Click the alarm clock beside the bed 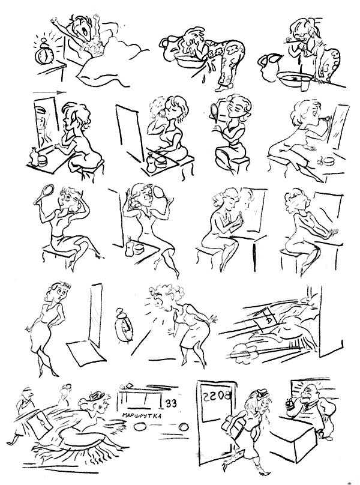pos(44,53)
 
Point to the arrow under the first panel pos(49,92)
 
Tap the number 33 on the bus pos(171,403)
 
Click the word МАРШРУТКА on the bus pos(142,415)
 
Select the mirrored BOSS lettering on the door pos(217,396)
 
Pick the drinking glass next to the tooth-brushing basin pos(305,84)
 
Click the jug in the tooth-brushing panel pos(269,67)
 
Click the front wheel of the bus pos(140,427)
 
